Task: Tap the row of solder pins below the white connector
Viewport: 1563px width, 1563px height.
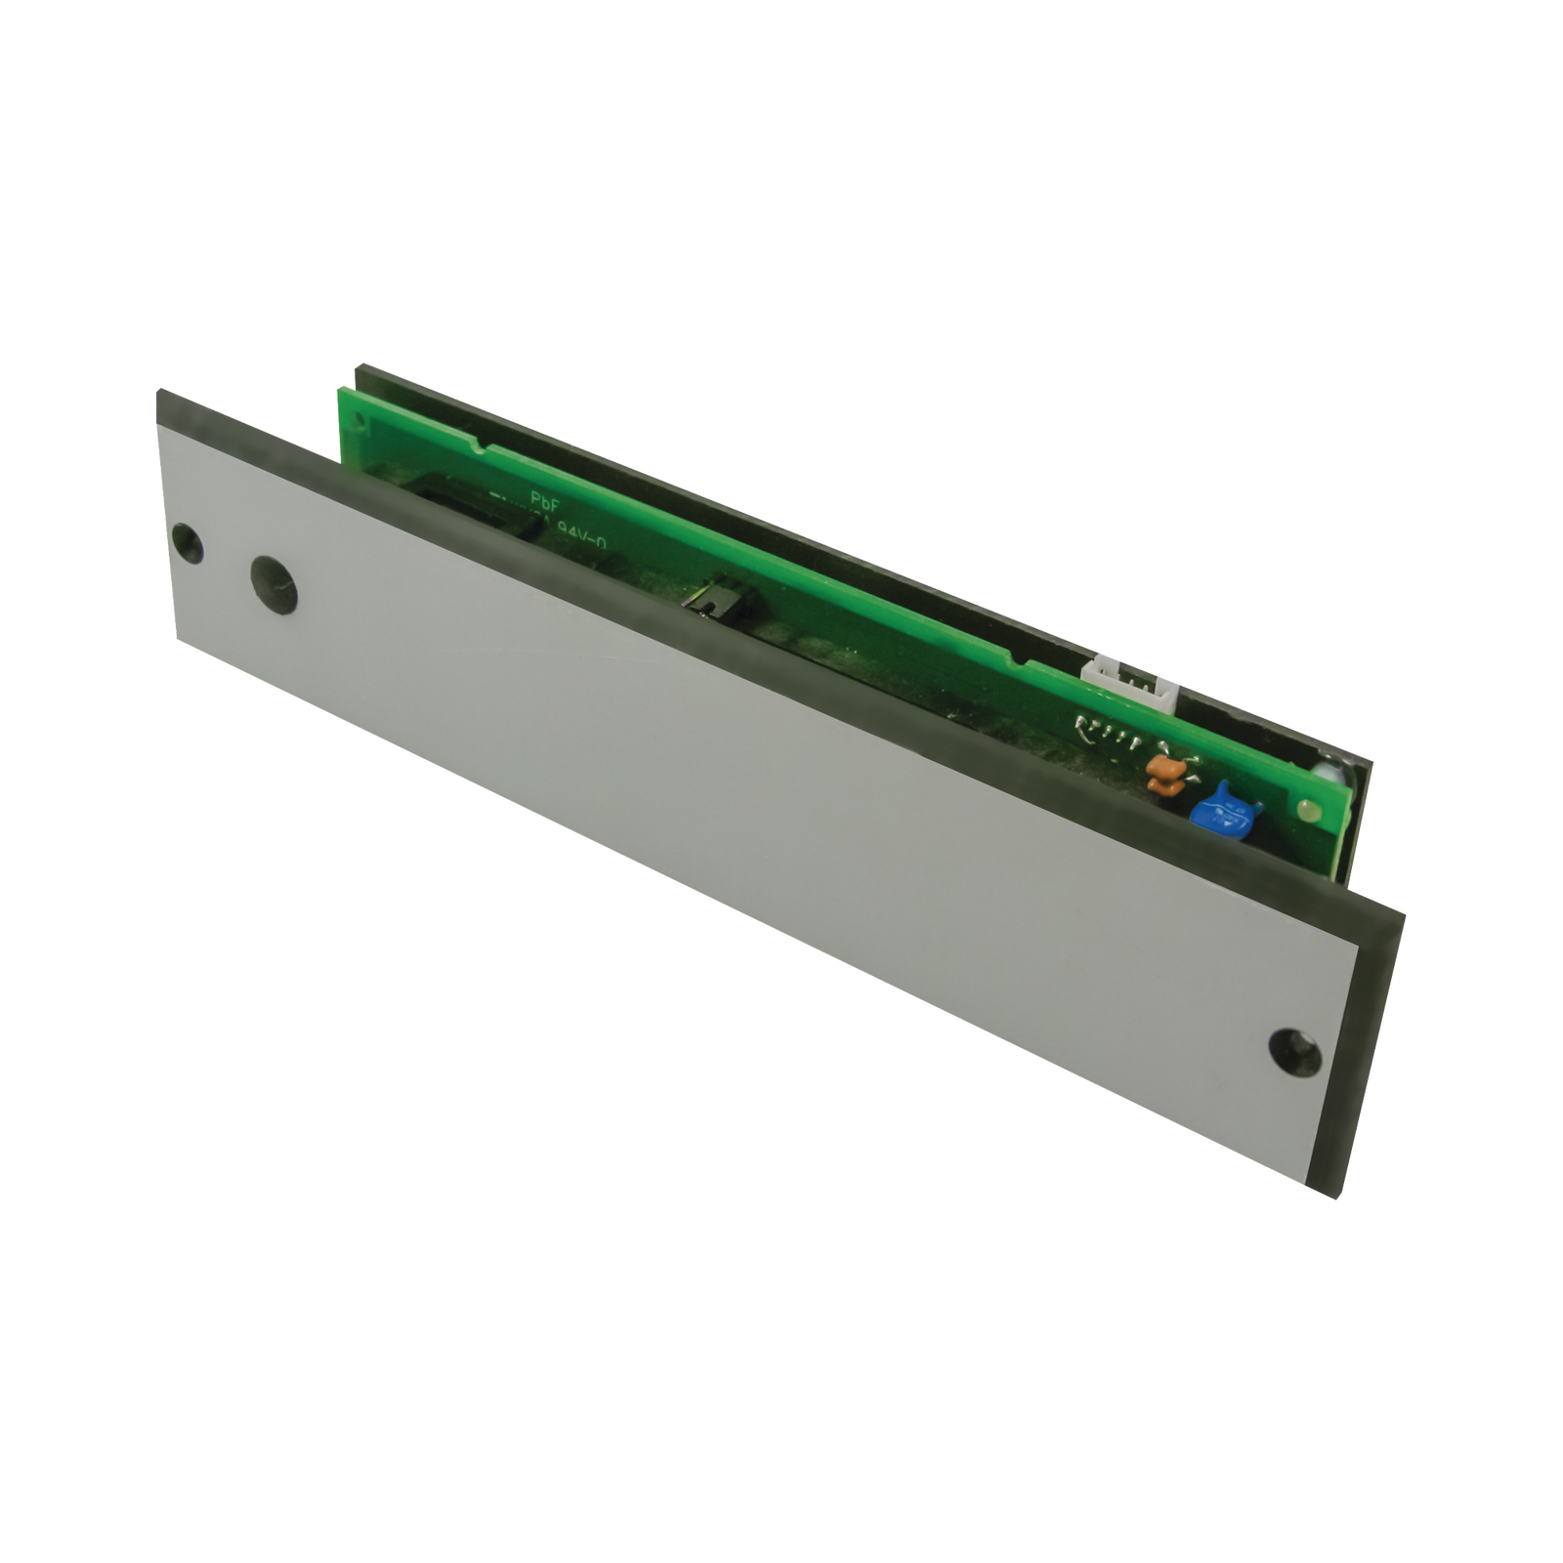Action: click(1098, 728)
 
